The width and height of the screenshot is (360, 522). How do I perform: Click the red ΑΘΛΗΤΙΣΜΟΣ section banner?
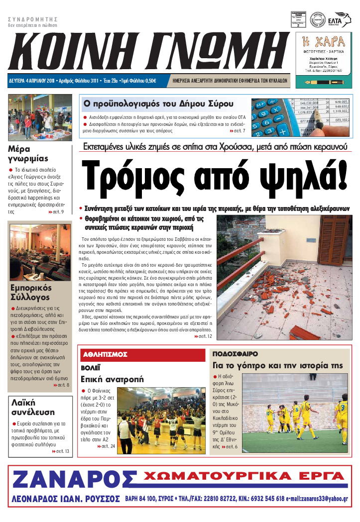coord(105,354)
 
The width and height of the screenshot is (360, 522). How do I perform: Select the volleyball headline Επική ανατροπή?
coord(113,379)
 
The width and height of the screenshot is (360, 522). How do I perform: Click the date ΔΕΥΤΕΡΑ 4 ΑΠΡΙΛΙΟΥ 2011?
coord(32,80)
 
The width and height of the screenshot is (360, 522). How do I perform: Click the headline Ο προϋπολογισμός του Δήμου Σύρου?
coord(158,104)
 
